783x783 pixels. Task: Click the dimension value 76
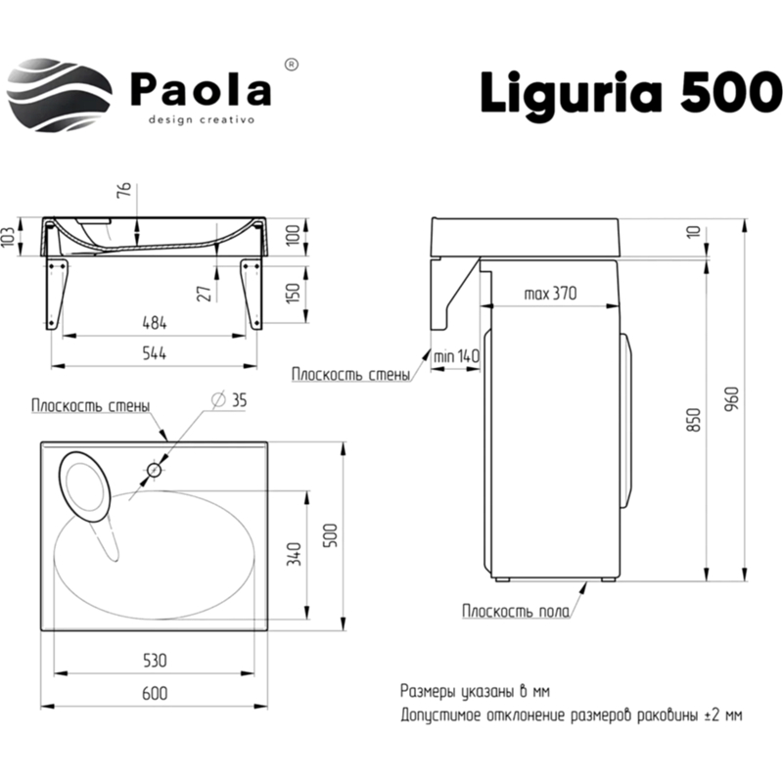click(x=124, y=190)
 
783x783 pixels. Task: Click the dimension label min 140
click(x=456, y=358)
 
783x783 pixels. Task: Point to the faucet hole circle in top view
click(x=154, y=471)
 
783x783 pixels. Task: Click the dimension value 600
click(x=155, y=693)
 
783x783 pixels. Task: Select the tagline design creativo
click(x=201, y=119)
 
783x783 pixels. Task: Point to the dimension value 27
click(x=205, y=292)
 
